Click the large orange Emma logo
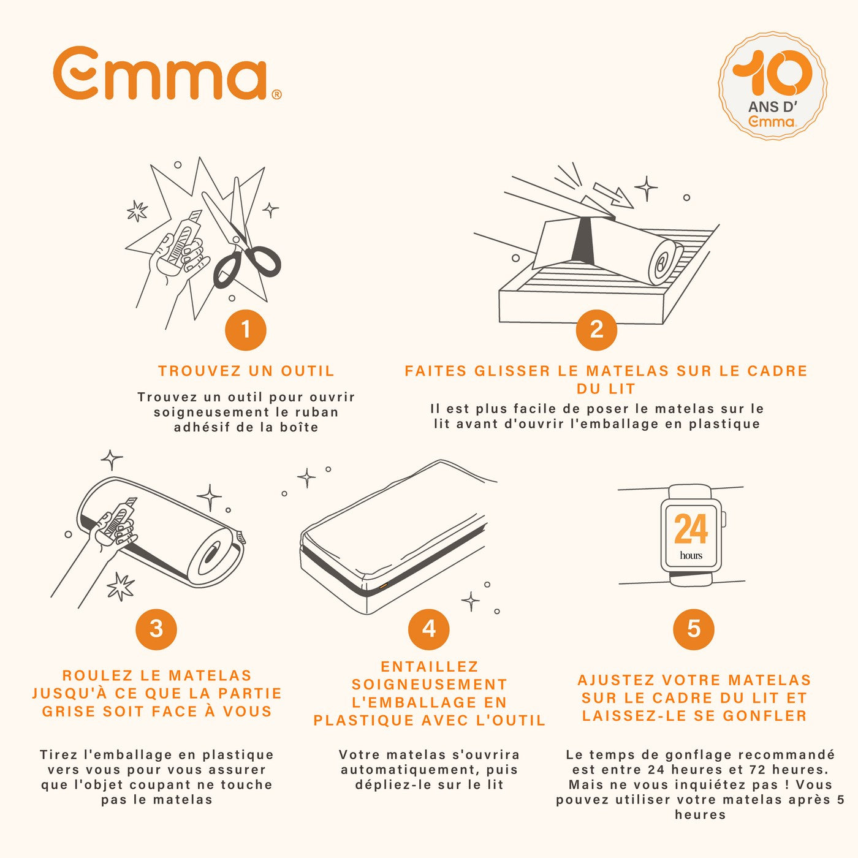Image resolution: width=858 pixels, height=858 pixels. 167,73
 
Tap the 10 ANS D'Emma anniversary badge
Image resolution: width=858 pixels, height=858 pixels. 773,85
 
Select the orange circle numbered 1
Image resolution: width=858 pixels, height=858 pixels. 246,330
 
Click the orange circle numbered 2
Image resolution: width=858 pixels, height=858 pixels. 596,330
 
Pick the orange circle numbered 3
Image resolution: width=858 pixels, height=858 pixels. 156,629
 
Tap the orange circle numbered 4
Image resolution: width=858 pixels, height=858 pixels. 429,629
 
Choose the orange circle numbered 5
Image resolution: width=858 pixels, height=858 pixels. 694,629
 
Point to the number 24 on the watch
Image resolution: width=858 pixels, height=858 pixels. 691,529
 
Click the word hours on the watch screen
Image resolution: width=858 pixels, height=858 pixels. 691,555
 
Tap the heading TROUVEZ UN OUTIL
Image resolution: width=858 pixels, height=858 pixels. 246,371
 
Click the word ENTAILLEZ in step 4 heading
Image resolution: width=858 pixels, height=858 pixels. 430,666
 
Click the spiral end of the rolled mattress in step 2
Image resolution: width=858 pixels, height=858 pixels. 666,263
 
